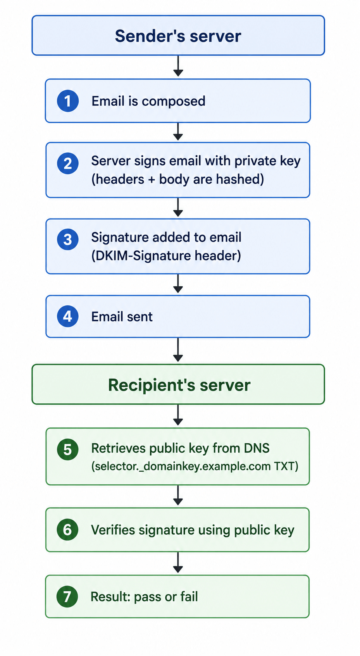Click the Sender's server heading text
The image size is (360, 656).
(x=178, y=36)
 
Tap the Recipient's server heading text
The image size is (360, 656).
(x=179, y=385)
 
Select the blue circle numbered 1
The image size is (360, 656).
(x=68, y=101)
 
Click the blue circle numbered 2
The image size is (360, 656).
(x=68, y=164)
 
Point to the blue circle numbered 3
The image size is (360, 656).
(x=68, y=239)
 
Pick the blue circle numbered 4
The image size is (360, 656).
(x=68, y=316)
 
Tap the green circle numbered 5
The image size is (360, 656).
(x=68, y=449)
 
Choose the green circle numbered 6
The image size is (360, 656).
(x=67, y=529)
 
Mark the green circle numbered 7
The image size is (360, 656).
(x=67, y=597)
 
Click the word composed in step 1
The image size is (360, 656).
(x=173, y=102)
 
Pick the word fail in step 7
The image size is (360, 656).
(x=189, y=597)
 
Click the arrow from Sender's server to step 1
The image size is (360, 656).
(x=178, y=66)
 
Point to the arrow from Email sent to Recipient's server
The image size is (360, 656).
(x=178, y=350)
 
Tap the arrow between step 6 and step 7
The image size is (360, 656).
(x=178, y=563)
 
